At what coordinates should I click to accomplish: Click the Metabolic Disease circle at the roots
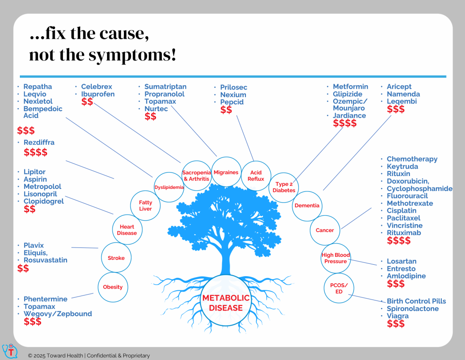coord(226,300)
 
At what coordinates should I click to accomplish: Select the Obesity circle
coord(113,287)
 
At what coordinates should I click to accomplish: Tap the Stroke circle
coord(116,258)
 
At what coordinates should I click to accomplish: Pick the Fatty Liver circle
coord(145,206)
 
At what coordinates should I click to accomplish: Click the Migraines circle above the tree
coord(226,172)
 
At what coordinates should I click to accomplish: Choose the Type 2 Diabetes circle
coord(284,187)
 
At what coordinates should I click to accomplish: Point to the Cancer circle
coord(325,230)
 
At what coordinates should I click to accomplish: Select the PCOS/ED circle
coord(339,288)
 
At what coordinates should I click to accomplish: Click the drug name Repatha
coord(37,86)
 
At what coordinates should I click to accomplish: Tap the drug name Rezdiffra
coord(39,142)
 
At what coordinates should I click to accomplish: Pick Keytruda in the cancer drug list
coord(402,166)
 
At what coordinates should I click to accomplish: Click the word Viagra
coord(398,316)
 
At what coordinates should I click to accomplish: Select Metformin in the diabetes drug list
coord(350,86)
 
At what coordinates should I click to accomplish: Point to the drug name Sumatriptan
coord(165,86)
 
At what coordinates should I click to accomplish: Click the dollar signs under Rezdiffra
coord(36,152)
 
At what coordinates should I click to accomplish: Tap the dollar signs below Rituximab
coord(399,240)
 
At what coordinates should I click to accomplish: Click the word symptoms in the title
coord(129,55)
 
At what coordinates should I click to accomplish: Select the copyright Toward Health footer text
coord(89,356)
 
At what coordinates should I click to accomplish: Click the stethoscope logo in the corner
coord(10,351)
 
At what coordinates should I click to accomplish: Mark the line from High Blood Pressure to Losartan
coord(362,262)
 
